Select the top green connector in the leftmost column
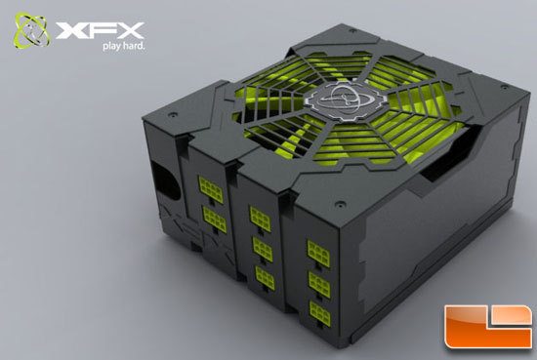coord(208,183)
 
